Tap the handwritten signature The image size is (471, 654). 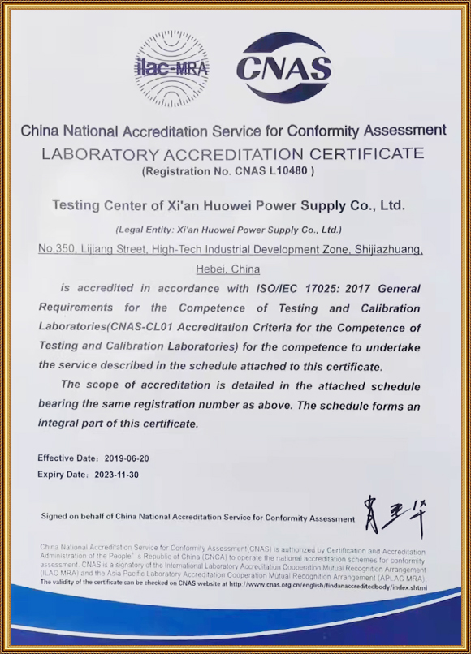tap(395, 516)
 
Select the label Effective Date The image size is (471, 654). tap(67, 458)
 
